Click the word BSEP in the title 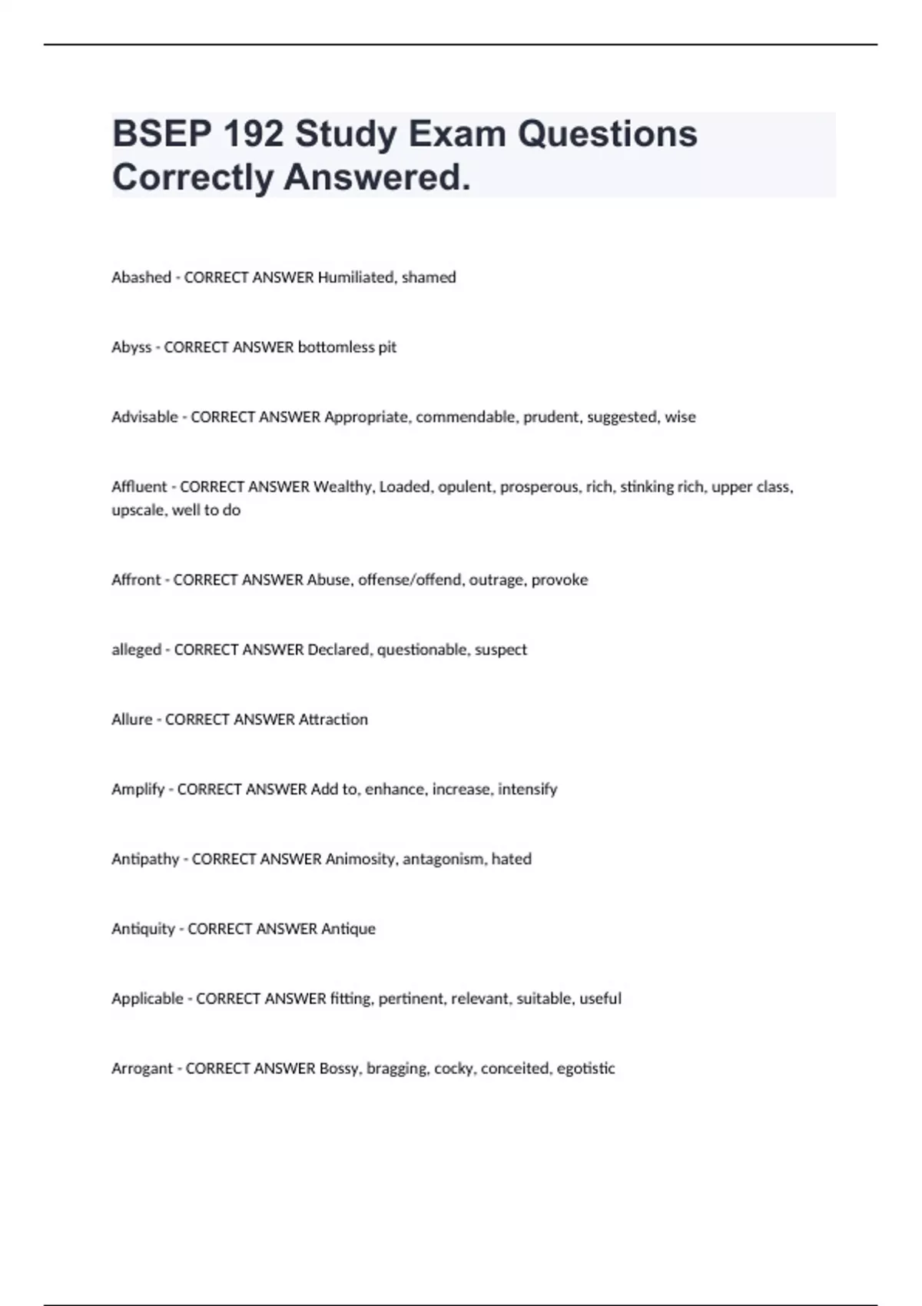click(x=161, y=134)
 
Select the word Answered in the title click(x=376, y=177)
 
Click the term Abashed click(x=141, y=277)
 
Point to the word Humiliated click(x=356, y=277)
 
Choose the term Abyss click(x=131, y=347)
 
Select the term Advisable click(x=144, y=417)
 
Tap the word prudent click(x=551, y=417)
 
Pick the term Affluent click(x=139, y=487)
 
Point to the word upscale click(x=138, y=510)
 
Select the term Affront click(x=136, y=580)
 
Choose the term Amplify click(x=138, y=790)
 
